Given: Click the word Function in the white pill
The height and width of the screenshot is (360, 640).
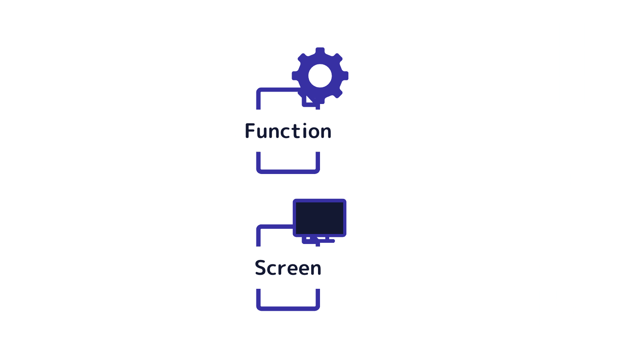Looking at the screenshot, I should click(288, 131).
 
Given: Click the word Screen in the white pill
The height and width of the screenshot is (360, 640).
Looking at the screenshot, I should click(288, 268).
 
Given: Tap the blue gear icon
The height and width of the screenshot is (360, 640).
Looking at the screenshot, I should click(320, 75).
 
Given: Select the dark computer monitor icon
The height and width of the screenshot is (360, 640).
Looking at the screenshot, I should click(319, 218).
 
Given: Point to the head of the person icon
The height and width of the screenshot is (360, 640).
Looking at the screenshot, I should click(58, 155).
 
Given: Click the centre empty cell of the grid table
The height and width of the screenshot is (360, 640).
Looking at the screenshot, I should click(543, 64).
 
